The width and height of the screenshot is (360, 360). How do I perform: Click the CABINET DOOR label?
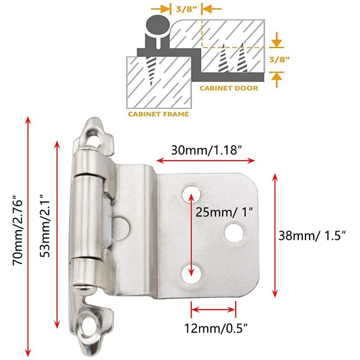coord(229,88)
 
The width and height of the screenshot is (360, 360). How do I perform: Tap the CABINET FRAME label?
coord(158,114)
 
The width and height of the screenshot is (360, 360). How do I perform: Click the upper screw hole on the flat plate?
coord(191,193)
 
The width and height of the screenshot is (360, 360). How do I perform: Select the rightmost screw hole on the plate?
coord(234,232)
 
